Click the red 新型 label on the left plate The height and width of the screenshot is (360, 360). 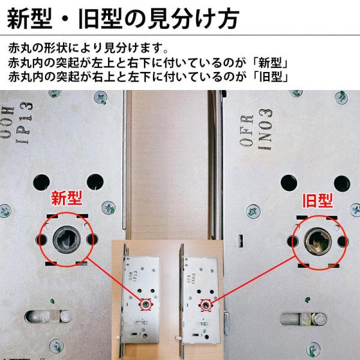point(67,198)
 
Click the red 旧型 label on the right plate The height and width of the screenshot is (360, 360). point(318,200)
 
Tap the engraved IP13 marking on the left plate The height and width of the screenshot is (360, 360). point(25,123)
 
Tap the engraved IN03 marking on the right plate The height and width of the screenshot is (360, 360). point(266,129)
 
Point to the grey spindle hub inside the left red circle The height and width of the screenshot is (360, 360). point(67,239)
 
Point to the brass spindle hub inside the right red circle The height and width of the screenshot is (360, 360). point(318,242)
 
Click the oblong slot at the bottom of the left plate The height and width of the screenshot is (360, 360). point(48,316)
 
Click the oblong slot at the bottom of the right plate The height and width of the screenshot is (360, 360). point(304,319)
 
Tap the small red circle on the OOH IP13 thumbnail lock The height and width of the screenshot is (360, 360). point(145,304)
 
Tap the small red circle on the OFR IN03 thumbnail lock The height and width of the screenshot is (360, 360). point(206,305)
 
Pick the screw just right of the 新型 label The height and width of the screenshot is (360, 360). point(109,208)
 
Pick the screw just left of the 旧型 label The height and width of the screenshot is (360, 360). point(253,211)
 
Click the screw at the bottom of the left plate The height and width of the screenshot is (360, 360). point(56,346)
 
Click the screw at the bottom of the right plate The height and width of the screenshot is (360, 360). point(313,350)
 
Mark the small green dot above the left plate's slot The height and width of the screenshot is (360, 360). point(52,301)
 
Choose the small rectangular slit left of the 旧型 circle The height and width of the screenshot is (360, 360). point(241,241)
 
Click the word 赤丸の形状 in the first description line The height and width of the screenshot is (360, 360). point(38,48)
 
